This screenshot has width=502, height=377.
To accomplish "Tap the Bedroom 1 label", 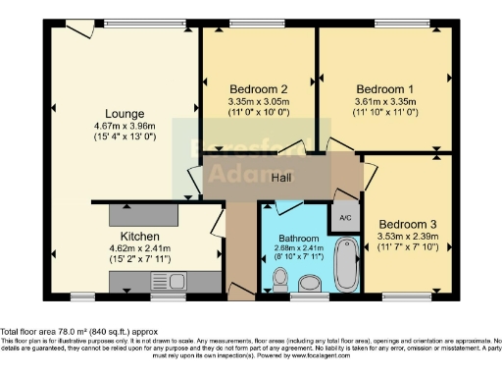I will click(385, 86).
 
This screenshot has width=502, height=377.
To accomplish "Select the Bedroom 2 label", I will click(259, 86).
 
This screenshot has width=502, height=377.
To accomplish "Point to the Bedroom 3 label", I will click(407, 224).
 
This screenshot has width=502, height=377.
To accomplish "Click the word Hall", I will click(281, 177).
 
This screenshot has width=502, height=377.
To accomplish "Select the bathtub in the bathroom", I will click(347, 259).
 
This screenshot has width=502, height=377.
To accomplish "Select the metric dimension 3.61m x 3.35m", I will click(385, 99).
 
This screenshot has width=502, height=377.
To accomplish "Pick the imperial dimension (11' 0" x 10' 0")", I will click(259, 110).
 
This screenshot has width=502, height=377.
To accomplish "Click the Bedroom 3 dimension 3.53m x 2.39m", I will click(407, 237).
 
